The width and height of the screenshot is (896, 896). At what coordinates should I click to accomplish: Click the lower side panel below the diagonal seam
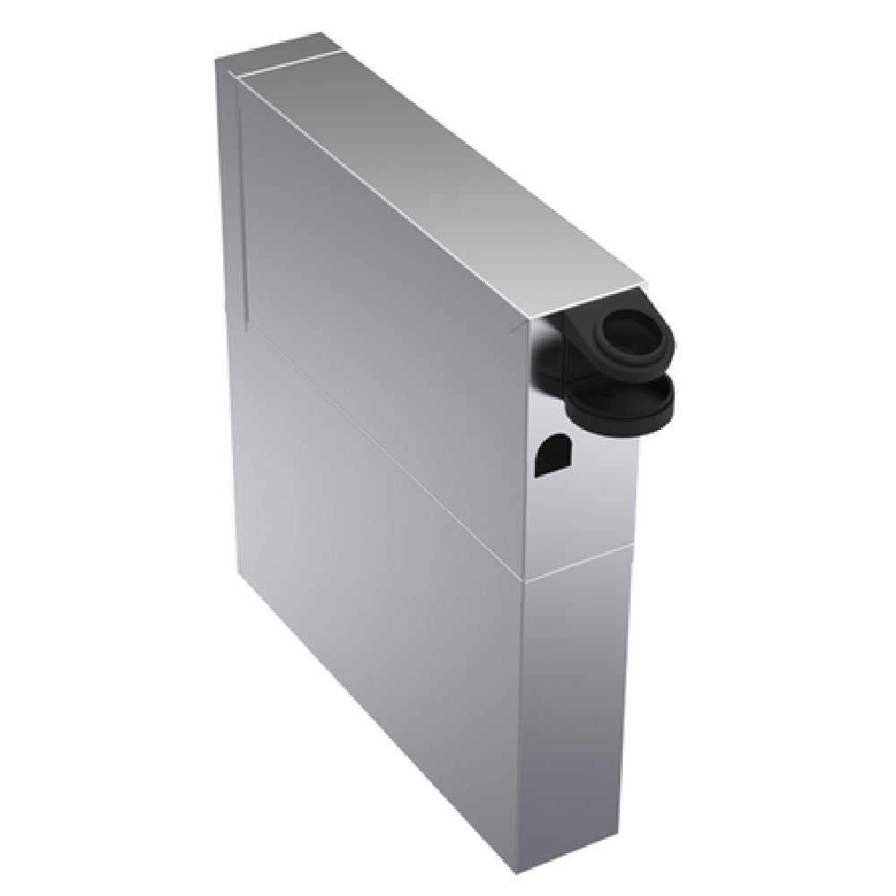376,573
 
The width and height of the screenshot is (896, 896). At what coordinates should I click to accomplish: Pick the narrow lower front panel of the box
573,699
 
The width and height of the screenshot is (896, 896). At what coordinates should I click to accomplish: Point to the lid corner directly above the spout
643,280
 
